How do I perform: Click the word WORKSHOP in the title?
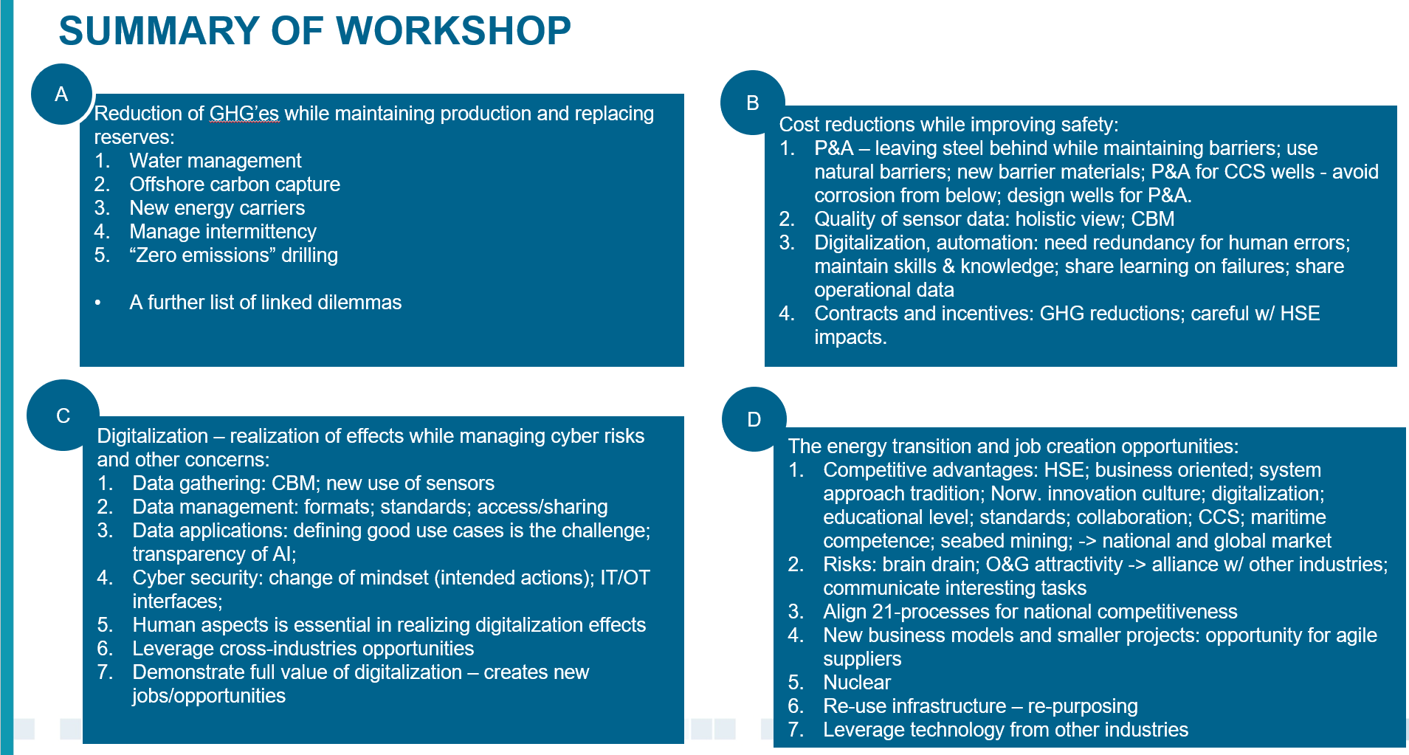pyautogui.click(x=453, y=31)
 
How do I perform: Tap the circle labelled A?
pyautogui.click(x=61, y=94)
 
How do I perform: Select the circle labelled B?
pyautogui.click(x=752, y=103)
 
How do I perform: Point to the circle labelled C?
pyautogui.click(x=63, y=416)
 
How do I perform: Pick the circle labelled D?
pyautogui.click(x=754, y=419)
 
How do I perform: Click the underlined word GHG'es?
pyautogui.click(x=244, y=114)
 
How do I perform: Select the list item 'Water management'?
pyautogui.click(x=216, y=161)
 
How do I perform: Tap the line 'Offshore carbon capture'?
pyautogui.click(x=235, y=185)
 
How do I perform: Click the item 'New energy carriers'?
pyautogui.click(x=217, y=208)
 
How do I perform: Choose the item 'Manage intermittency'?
pyautogui.click(x=223, y=232)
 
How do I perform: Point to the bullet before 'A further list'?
pyautogui.click(x=98, y=303)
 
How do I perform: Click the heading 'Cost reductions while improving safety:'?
pyautogui.click(x=948, y=125)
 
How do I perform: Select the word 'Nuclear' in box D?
pyautogui.click(x=857, y=683)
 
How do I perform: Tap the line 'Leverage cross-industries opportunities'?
pyautogui.click(x=303, y=649)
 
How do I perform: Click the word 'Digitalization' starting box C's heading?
pyautogui.click(x=153, y=436)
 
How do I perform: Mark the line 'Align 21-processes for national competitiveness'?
pyautogui.click(x=1030, y=612)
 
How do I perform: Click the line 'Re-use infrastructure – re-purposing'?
pyautogui.click(x=980, y=706)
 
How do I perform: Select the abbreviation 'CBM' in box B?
pyautogui.click(x=1152, y=219)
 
